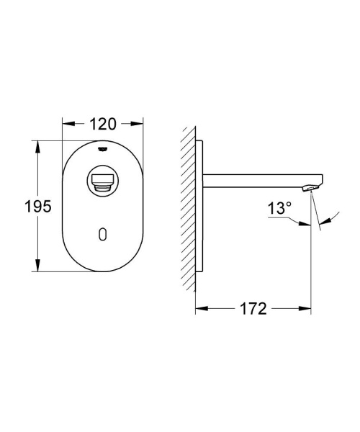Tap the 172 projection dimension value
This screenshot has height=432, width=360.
(253, 309)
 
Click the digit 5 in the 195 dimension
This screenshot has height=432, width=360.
(46, 207)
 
